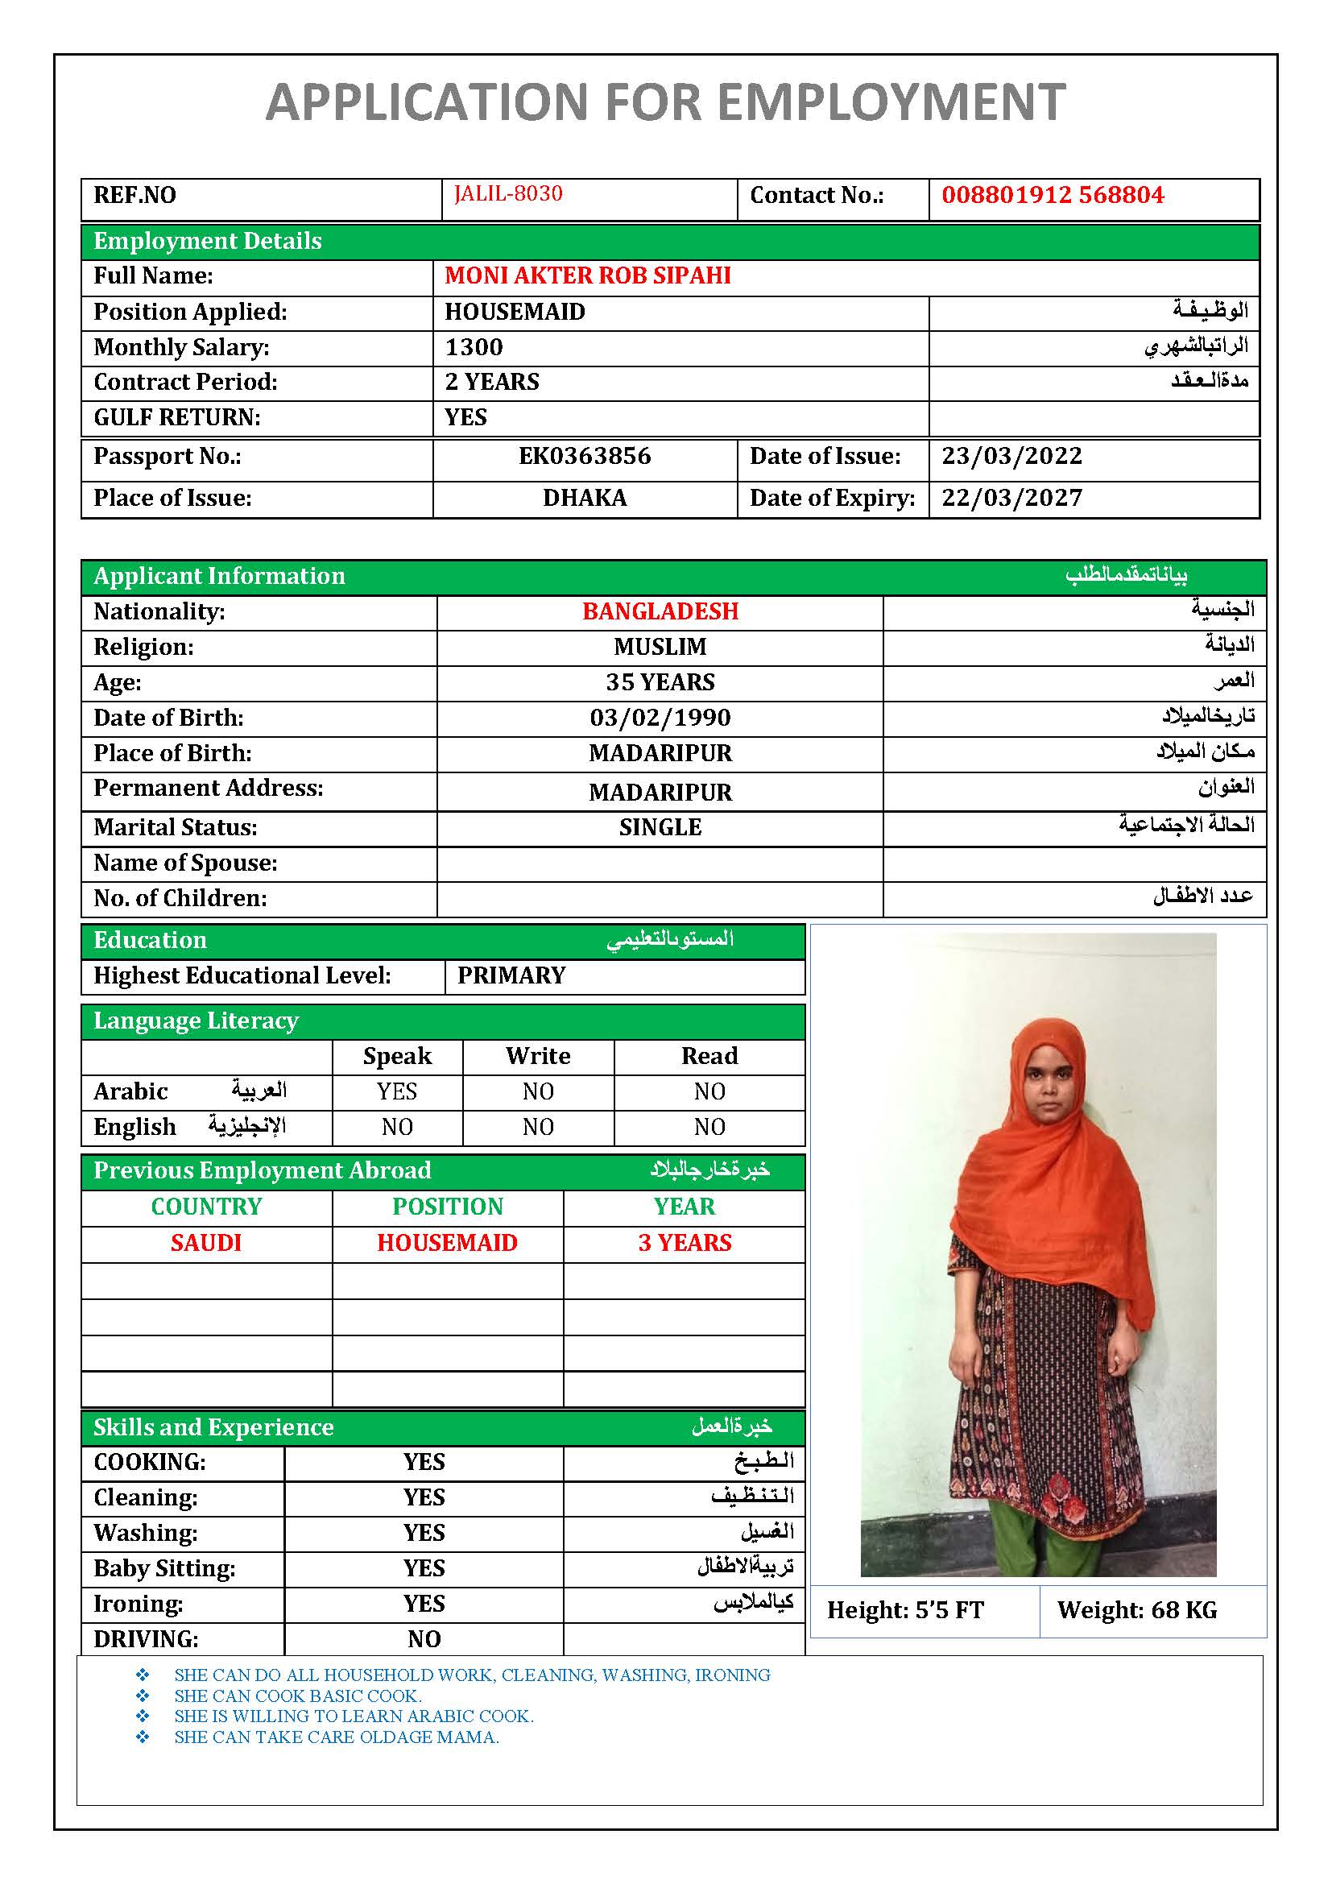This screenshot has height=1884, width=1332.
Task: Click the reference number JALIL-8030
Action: [507, 193]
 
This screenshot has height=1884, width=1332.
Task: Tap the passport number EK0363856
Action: [584, 456]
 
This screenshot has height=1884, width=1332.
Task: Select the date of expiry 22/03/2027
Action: [1011, 498]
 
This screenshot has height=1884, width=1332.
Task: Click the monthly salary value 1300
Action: [474, 347]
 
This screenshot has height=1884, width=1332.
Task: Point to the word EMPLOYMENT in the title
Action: [891, 102]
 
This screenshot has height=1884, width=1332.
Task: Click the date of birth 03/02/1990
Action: [660, 718]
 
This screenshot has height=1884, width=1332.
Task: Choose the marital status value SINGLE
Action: [660, 827]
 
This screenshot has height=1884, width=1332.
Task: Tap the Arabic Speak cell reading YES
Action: [397, 1091]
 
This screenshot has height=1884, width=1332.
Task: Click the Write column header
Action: [537, 1056]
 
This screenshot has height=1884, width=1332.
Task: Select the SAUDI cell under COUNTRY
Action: [206, 1242]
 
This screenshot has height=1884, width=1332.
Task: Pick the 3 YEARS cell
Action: [684, 1242]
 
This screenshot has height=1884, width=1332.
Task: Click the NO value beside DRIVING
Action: [424, 1638]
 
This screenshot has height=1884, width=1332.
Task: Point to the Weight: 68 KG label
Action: [1136, 1610]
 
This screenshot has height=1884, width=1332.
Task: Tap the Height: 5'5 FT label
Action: [904, 1610]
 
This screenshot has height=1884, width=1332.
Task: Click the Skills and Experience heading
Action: [213, 1427]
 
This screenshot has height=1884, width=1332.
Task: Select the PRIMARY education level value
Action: [511, 975]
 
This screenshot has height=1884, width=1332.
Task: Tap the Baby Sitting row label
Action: [164, 1568]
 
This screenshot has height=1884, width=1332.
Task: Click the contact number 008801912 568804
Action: [1053, 195]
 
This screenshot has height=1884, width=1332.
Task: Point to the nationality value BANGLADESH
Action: [660, 611]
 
